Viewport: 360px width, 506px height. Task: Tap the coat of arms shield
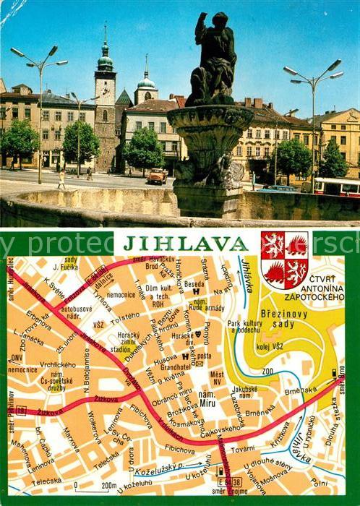point(284,260)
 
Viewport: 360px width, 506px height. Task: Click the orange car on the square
point(156,176)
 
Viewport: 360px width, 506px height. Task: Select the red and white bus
point(336,187)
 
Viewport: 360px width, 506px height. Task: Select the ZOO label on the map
point(268,371)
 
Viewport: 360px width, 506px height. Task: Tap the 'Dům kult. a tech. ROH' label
point(158,292)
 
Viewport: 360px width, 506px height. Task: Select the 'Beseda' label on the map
point(194,284)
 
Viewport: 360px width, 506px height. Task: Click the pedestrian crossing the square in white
point(61,179)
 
